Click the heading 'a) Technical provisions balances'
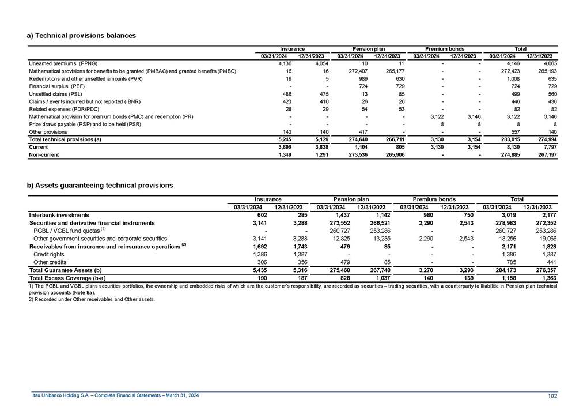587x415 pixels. tap(81, 36)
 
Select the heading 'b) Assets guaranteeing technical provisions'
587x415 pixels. tap(100, 186)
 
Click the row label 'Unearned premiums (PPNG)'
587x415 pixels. tap(63, 63)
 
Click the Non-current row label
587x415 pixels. tap(44, 155)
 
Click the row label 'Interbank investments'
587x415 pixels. tap(59, 215)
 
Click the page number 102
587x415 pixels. tap(554, 395)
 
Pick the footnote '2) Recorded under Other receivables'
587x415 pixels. tap(91, 300)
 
